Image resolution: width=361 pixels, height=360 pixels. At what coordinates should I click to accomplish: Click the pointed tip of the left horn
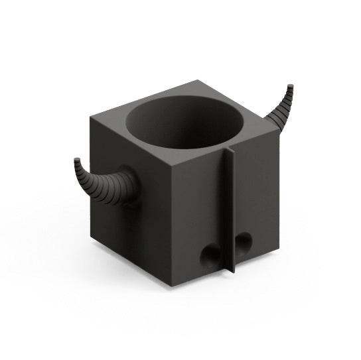(76, 160)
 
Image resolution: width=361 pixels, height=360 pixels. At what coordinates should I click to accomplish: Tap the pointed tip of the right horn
(290, 86)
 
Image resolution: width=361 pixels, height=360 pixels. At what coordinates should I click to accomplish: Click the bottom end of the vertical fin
(232, 272)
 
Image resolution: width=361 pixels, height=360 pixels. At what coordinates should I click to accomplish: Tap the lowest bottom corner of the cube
(171, 286)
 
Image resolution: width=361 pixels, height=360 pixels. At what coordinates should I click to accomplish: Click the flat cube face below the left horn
(119, 225)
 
